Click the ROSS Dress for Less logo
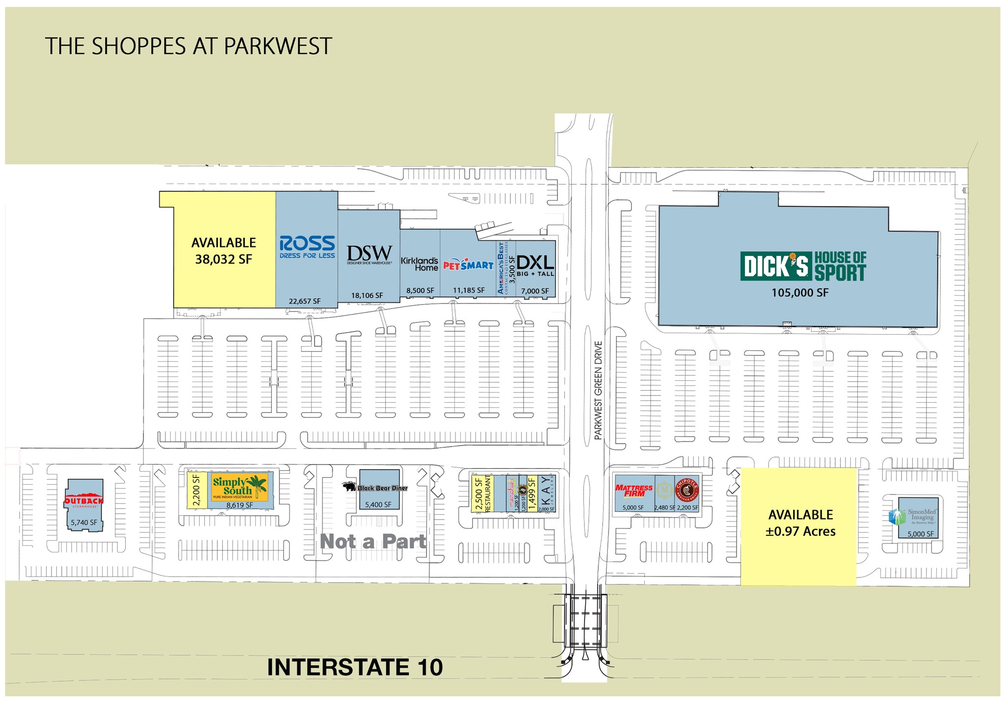[307, 246]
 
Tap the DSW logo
[370, 255]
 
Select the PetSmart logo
[468, 265]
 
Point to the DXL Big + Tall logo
[535, 265]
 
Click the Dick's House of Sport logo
[803, 266]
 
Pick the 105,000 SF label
[800, 293]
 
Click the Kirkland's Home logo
[420, 264]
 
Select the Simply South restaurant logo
[239, 487]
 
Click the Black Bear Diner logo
[375, 488]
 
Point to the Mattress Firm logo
[634, 491]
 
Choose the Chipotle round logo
[687, 490]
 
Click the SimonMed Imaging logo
[911, 517]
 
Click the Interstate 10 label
[355, 667]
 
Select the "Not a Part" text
[373, 541]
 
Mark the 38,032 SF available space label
[224, 259]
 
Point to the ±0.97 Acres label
[800, 531]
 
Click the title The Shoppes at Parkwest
[188, 46]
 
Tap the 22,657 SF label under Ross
[305, 301]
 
